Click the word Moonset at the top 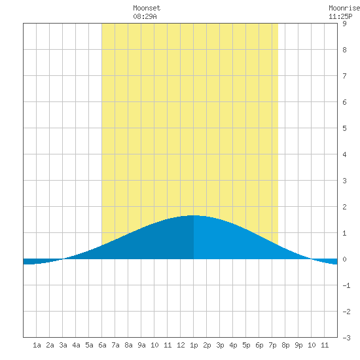click(147, 8)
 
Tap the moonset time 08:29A click(145, 16)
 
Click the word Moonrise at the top click(344, 8)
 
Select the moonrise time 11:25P click(340, 16)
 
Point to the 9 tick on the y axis click(344, 24)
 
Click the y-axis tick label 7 click(344, 76)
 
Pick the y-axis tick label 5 click(344, 128)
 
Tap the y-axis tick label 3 click(344, 181)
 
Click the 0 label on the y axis click(344, 259)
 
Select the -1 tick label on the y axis click(346, 285)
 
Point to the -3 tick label click(346, 338)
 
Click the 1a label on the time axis click(37, 345)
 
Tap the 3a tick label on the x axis click(63, 345)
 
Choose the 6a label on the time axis click(102, 345)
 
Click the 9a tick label click(141, 345)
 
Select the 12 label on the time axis click(181, 345)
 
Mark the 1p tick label click(194, 345)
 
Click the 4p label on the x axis click(233, 345)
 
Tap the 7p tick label click(272, 345)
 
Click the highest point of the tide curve click(193, 215)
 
